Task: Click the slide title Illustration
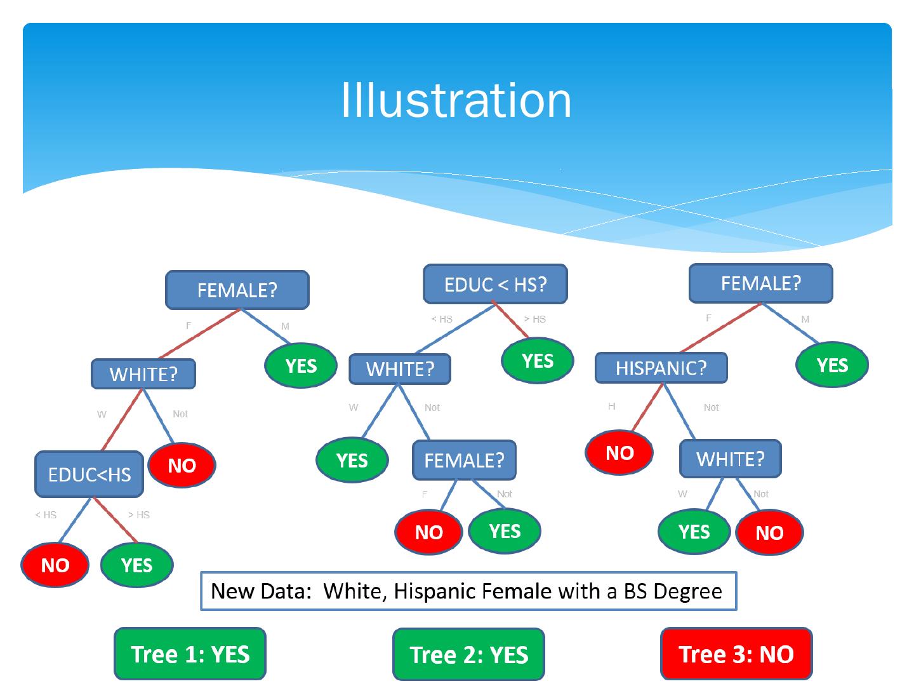pos(456,100)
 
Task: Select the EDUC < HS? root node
pos(495,284)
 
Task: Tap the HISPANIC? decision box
pos(661,368)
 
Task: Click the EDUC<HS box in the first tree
pos(89,474)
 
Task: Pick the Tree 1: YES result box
pos(190,654)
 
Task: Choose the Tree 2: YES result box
pos(468,655)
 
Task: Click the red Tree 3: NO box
pos(736,654)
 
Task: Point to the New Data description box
pos(468,591)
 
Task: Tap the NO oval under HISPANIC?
pos(619,453)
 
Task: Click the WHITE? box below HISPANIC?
pos(730,459)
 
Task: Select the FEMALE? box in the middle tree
pos(464,461)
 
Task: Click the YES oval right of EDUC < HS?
pos(537,361)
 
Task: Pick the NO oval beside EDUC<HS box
pos(182,466)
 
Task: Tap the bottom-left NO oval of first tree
pos(55,565)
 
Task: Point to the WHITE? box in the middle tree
pos(400,369)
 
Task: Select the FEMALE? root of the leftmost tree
pos(237,290)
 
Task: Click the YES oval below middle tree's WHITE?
pos(352,460)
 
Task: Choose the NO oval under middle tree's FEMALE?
pos(428,532)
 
